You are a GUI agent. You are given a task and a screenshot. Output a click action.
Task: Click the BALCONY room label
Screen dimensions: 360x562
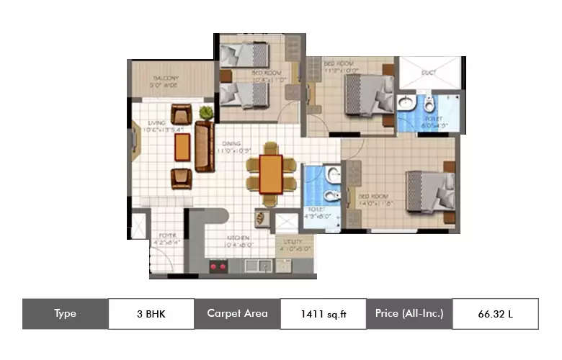pos(164,78)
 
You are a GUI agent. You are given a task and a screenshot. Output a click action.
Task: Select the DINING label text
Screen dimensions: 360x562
pos(231,143)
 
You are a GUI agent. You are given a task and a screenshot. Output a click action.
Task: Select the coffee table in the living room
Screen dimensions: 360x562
pos(182,147)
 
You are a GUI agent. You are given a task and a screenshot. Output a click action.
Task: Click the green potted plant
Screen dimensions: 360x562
pos(207,112)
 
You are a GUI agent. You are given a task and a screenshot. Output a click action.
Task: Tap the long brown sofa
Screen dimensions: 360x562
pos(205,146)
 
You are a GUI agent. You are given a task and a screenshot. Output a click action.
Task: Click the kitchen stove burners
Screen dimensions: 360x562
pos(218,267)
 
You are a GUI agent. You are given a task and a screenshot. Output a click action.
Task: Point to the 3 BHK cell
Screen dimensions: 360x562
pos(151,314)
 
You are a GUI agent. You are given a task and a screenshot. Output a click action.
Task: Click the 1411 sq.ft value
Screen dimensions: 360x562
pos(323,314)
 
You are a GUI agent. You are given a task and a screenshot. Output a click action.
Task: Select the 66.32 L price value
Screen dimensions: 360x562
pos(495,314)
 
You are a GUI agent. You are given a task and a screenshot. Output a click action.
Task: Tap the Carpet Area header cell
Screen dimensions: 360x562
pos(237,314)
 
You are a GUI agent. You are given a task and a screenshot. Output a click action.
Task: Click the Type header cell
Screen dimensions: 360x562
pos(65,314)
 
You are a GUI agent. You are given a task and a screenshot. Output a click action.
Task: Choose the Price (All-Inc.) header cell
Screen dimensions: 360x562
pos(409,314)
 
